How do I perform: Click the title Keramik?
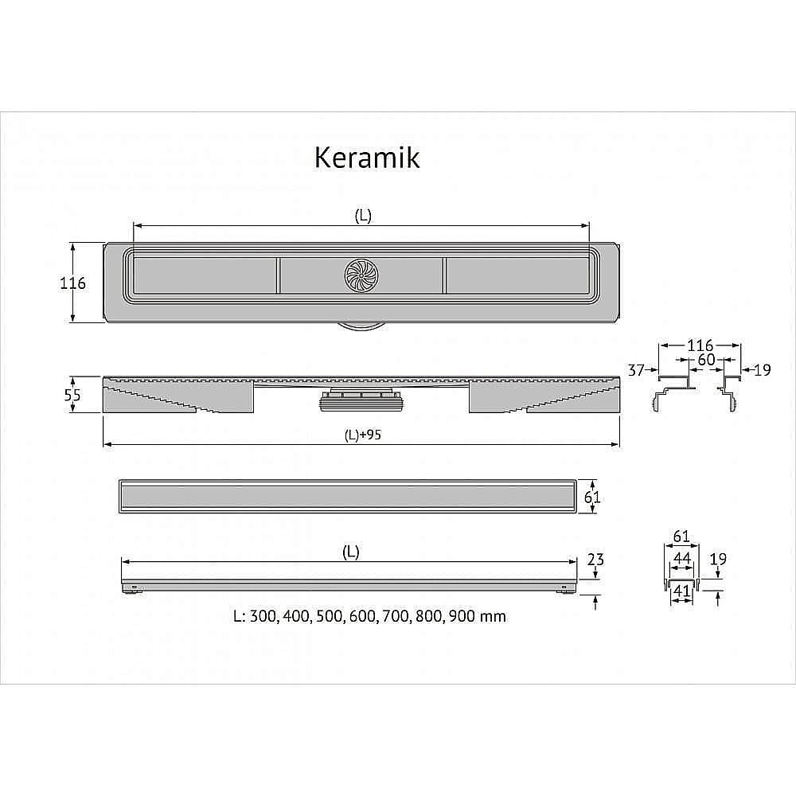367,158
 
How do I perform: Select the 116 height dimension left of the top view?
72,283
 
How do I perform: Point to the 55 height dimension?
72,395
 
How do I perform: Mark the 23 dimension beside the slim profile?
595,560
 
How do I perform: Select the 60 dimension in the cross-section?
705,360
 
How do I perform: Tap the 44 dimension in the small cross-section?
681,559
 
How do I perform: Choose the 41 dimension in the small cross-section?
681,591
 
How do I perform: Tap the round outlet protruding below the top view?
361,327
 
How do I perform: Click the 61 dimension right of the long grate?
591,497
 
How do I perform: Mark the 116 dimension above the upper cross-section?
700,345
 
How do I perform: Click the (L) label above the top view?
362,216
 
